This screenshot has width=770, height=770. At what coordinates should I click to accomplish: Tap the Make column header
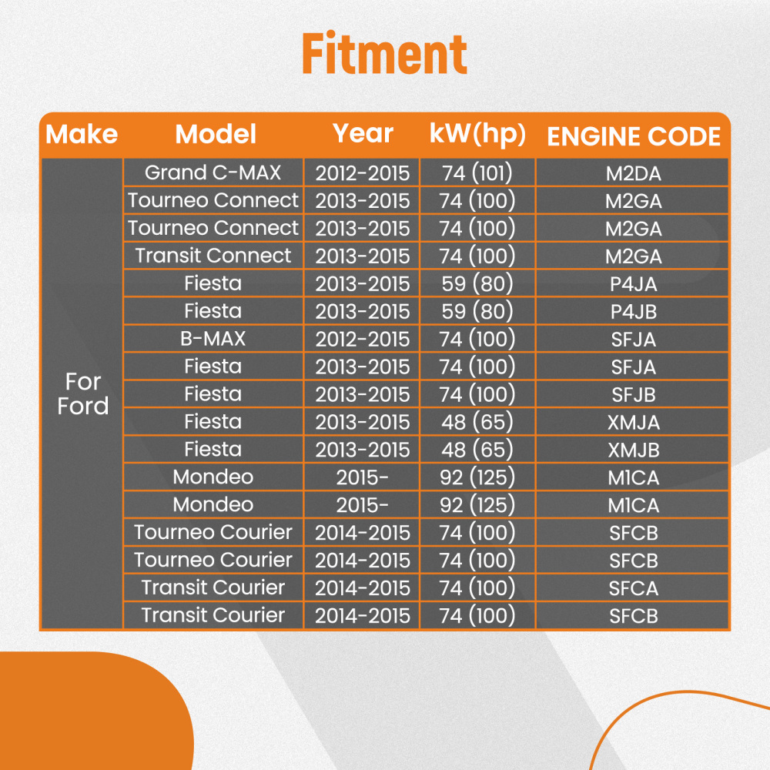(x=82, y=134)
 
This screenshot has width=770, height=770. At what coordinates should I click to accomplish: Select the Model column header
(x=216, y=134)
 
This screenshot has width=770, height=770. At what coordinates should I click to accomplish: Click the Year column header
(x=363, y=133)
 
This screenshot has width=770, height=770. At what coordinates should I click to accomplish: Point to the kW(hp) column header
(x=477, y=134)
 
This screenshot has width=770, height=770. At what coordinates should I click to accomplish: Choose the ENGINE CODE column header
(x=634, y=136)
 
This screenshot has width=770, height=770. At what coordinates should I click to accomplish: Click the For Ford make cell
(x=82, y=393)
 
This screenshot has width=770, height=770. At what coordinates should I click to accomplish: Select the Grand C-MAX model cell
(x=213, y=172)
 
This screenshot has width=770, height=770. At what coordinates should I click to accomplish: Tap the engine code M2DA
(x=634, y=174)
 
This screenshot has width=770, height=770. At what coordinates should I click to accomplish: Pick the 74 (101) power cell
(x=477, y=172)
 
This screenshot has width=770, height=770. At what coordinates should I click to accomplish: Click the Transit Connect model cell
(x=213, y=256)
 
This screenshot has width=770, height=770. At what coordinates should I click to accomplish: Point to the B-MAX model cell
(x=213, y=338)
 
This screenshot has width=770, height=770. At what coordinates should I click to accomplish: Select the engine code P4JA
(x=634, y=284)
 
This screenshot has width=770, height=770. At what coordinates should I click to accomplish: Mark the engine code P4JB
(x=634, y=312)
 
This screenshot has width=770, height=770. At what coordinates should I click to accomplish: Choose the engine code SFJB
(x=634, y=395)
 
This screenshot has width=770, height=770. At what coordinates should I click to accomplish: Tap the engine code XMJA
(x=634, y=422)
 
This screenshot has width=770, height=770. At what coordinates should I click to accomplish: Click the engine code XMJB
(x=634, y=450)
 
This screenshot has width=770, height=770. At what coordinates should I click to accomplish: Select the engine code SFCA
(x=634, y=588)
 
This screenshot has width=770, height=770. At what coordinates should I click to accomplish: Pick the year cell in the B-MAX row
(x=363, y=340)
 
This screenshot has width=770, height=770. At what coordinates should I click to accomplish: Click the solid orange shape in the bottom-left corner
(x=93, y=712)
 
